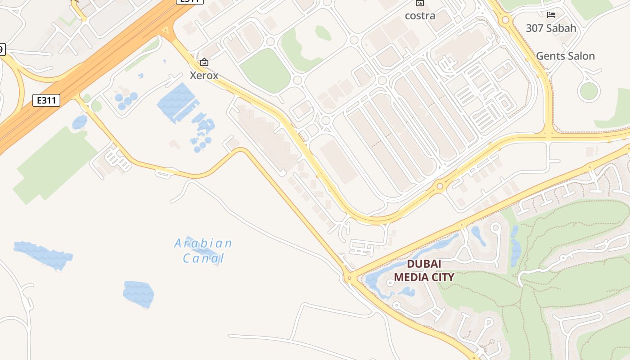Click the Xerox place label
pyautogui.click(x=204, y=75)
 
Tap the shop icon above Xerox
pyautogui.click(x=204, y=62)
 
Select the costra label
pyautogui.click(x=420, y=16)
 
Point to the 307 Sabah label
pyautogui.click(x=551, y=28)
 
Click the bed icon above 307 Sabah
pyautogui.click(x=551, y=15)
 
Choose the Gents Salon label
pyautogui.click(x=565, y=56)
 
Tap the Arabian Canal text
pyautogui.click(x=203, y=251)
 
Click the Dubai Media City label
pyautogui.click(x=424, y=270)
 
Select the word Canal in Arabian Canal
pyautogui.click(x=203, y=258)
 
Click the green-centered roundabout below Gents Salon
pyautogui.click(x=589, y=91)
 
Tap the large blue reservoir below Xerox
pyautogui.click(x=176, y=102)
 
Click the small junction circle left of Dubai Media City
pyautogui.click(x=350, y=278)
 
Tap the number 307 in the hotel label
pyautogui.click(x=535, y=28)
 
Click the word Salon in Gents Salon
pyautogui.click(x=580, y=56)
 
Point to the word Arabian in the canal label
pyautogui.click(x=203, y=243)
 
